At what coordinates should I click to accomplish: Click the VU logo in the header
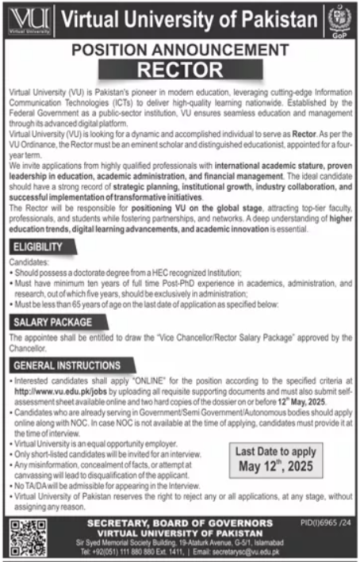(x=27, y=17)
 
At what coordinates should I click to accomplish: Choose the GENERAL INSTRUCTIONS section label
(x=67, y=365)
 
